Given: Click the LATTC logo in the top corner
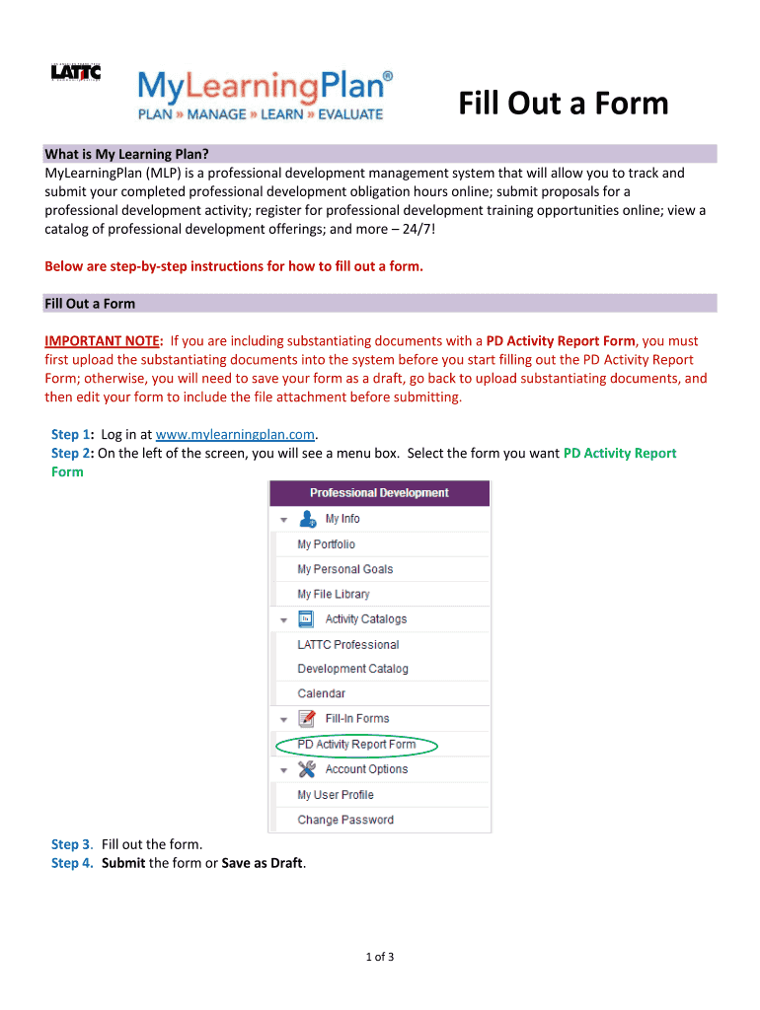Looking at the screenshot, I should point(76,74).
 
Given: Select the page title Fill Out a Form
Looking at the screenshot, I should point(563,104).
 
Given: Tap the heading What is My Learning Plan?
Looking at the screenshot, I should point(127,154).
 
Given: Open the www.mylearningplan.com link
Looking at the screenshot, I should point(235,434).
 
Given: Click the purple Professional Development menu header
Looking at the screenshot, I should point(379,493).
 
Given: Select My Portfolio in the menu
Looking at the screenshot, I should point(327,544).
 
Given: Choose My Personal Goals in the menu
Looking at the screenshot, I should point(345,569).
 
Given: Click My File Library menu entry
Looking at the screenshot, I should point(334,594).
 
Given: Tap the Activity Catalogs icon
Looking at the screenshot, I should point(307,619).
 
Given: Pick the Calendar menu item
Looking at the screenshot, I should point(322,693).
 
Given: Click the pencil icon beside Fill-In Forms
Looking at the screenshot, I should point(307,718).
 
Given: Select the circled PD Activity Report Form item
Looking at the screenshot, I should point(356,745).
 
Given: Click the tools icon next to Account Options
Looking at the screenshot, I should point(307,769).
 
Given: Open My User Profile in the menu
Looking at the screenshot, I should point(336,795).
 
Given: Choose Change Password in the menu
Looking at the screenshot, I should point(345,820).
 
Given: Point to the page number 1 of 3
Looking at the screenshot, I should point(380,956).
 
